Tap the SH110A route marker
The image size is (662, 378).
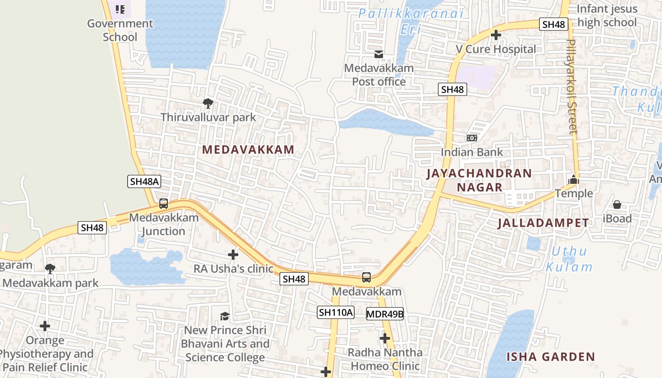[336, 312]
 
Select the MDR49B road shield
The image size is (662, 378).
[385, 314]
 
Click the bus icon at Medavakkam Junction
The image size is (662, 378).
[164, 204]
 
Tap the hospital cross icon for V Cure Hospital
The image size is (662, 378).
[496, 35]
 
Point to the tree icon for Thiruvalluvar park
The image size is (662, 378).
[208, 103]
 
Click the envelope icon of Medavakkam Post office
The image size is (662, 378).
[379, 54]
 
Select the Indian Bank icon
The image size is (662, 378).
[471, 138]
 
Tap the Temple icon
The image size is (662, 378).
[574, 180]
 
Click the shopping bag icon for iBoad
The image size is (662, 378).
[617, 205]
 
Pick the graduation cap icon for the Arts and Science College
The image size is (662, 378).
[225, 316]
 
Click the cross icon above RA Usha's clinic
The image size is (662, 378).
[233, 255]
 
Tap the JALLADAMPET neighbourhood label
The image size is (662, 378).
[543, 223]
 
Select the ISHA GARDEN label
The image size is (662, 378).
[550, 357]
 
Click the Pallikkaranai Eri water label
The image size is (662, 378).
[410, 21]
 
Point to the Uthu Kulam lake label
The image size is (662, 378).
[569, 259]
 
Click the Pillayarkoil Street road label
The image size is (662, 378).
[572, 86]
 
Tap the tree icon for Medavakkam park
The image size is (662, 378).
[50, 269]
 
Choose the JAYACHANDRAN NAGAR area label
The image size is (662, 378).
[479, 180]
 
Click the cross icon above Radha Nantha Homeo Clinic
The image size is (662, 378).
[385, 338]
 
